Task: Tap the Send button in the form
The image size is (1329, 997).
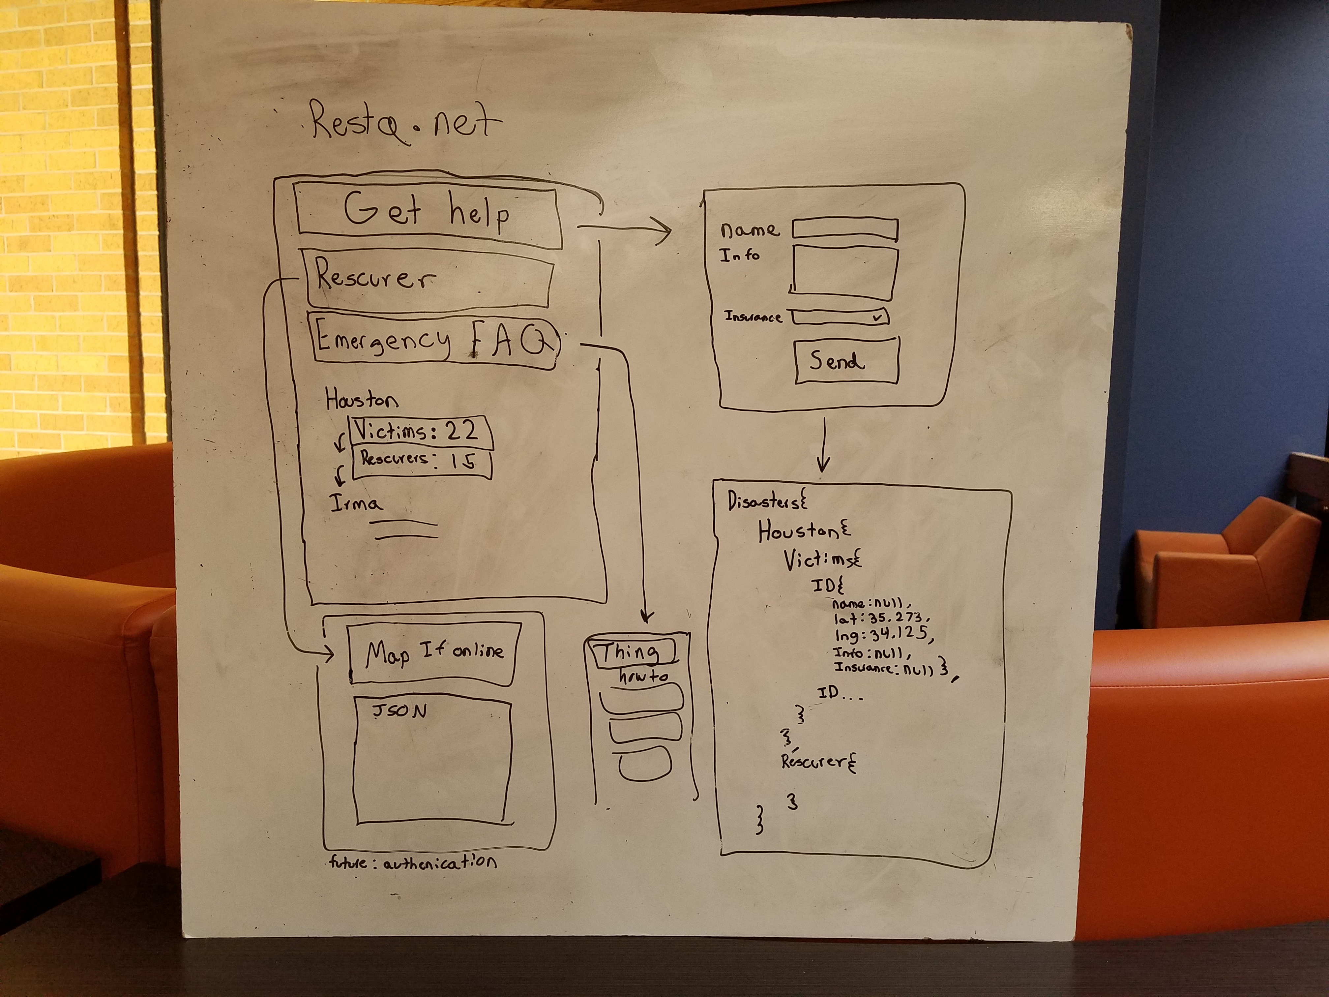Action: point(846,361)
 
